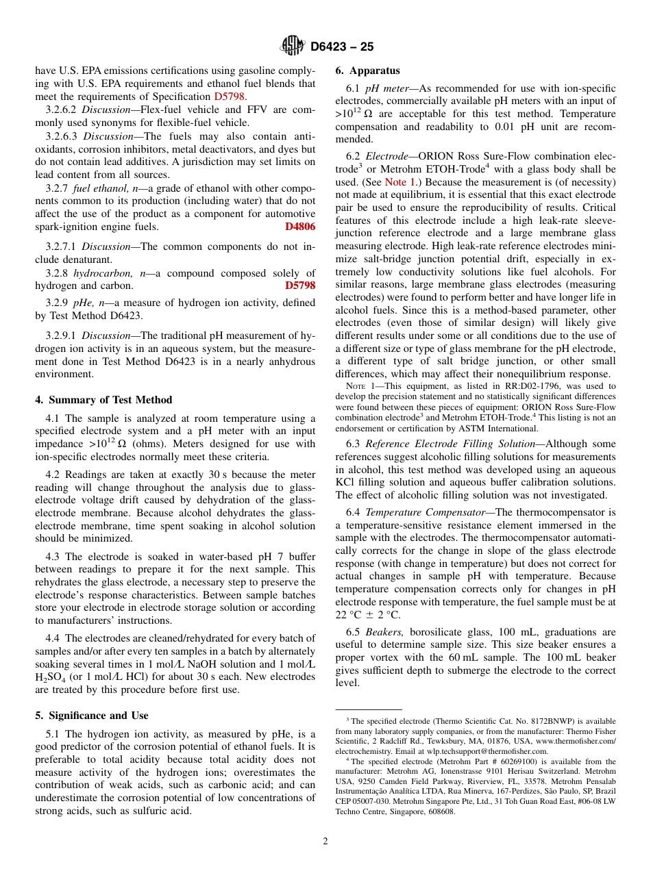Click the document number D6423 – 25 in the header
tap(342, 47)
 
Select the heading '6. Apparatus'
tap(367, 71)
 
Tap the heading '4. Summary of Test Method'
tap(103, 400)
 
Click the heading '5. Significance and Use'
tap(91, 716)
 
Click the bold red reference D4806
tap(300, 227)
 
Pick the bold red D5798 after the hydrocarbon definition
tap(300, 285)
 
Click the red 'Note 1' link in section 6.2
tap(400, 182)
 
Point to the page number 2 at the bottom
tap(325, 842)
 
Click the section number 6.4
tap(354, 512)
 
